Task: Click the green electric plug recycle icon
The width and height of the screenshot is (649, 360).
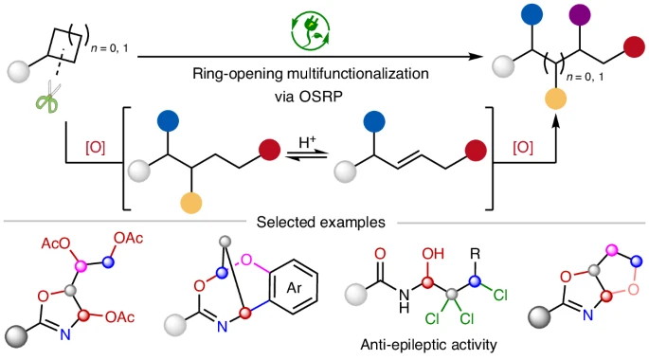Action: (311, 30)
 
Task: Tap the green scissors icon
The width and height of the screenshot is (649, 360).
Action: (48, 98)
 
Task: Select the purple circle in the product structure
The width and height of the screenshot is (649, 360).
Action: (580, 14)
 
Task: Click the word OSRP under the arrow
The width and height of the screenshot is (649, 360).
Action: (325, 97)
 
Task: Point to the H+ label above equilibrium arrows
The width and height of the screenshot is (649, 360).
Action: (307, 142)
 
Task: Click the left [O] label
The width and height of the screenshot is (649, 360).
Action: (95, 147)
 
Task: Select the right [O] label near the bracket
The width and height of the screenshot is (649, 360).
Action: (523, 147)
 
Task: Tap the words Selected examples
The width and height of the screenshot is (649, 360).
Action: (321, 223)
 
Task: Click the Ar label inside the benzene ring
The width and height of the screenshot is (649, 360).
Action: (294, 287)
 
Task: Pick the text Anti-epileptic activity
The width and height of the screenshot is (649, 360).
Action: (428, 344)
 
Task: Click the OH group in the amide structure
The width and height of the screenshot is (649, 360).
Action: (433, 254)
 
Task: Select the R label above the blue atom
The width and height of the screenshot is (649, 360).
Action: (476, 254)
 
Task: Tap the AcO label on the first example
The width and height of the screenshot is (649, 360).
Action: (56, 243)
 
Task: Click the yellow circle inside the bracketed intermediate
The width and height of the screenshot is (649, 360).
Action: (191, 203)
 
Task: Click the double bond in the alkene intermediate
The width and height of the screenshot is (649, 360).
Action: (409, 161)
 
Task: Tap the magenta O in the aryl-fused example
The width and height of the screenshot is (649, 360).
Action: (246, 260)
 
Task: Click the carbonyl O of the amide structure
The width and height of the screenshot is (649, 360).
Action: (380, 254)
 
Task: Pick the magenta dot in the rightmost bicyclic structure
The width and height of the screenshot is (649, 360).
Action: (611, 249)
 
